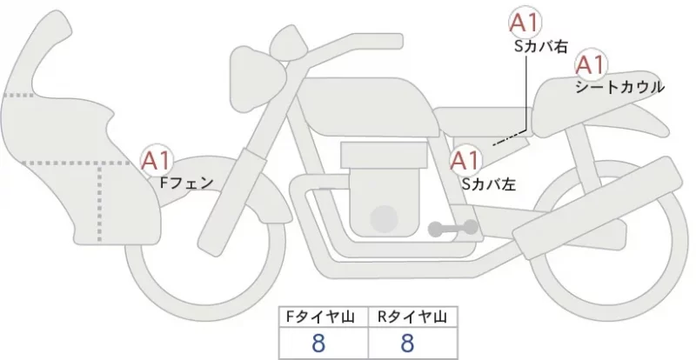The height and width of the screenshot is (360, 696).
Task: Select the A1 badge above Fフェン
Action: tap(157, 160)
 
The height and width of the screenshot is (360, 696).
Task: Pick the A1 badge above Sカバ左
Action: tap(465, 160)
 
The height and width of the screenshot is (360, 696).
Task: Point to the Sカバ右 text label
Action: tap(540, 47)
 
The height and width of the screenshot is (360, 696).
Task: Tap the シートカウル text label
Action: tap(619, 87)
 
